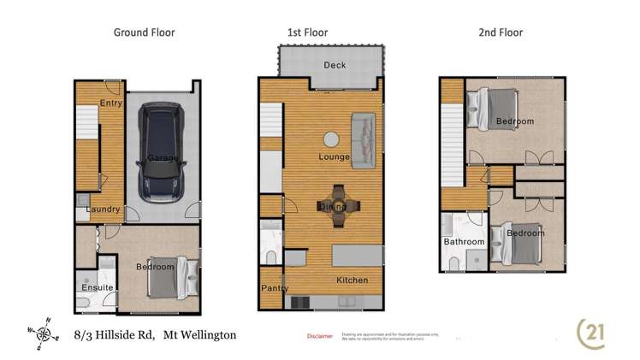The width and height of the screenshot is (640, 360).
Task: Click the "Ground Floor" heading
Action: point(145,32)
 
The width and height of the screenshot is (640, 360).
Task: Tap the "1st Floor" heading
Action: point(307,32)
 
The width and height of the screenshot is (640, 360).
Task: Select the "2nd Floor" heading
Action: point(501,32)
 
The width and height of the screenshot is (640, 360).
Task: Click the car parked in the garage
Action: point(162,151)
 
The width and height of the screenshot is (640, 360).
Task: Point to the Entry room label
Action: point(111,103)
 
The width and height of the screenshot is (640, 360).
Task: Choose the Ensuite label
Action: point(97,288)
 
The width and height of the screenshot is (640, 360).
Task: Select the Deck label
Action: point(335,66)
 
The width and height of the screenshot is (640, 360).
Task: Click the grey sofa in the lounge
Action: point(364,139)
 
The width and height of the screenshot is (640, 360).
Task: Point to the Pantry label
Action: point(275,288)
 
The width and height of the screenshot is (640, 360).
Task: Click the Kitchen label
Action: point(352,280)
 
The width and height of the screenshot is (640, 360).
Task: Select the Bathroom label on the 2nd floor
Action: point(464,242)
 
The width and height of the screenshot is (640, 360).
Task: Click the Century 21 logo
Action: point(591,334)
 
